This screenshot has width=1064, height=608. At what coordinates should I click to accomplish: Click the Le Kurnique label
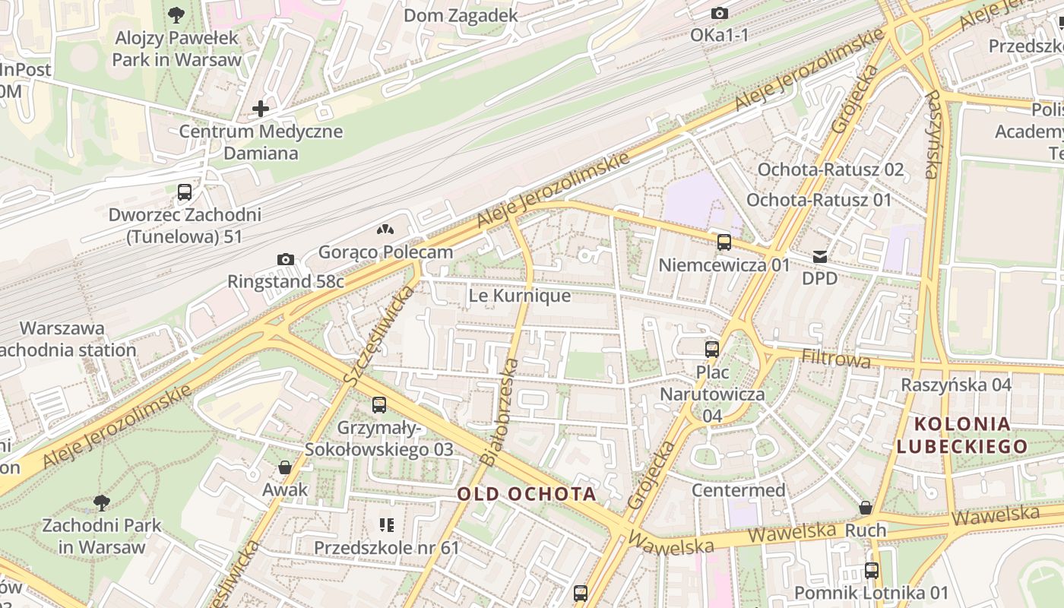pyautogui.click(x=520, y=296)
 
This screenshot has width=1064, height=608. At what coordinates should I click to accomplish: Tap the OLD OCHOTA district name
pyautogui.click(x=527, y=494)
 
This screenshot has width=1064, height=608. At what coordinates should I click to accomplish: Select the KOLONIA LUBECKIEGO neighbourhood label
pyautogui.click(x=962, y=435)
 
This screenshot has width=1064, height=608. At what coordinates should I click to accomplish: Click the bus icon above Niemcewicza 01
pyautogui.click(x=724, y=242)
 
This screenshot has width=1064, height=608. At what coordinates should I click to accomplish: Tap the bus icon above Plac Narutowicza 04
pyautogui.click(x=712, y=349)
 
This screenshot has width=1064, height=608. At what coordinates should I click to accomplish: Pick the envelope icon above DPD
pyautogui.click(x=820, y=257)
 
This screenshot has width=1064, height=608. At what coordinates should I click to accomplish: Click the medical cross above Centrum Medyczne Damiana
pyautogui.click(x=261, y=109)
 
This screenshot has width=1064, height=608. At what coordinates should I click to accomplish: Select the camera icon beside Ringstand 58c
pyautogui.click(x=286, y=260)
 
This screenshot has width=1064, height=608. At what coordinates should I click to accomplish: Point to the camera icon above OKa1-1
pyautogui.click(x=719, y=13)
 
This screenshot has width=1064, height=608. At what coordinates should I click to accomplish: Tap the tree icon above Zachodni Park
pyautogui.click(x=101, y=502)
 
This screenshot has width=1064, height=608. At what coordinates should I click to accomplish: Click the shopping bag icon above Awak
pyautogui.click(x=285, y=467)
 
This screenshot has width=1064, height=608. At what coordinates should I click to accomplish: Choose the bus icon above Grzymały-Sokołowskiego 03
pyautogui.click(x=379, y=405)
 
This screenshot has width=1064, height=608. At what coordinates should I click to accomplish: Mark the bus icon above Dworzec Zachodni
pyautogui.click(x=185, y=192)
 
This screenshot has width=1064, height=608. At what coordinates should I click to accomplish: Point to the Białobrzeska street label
pyautogui.click(x=500, y=412)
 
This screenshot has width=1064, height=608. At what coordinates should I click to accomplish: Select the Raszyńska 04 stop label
pyautogui.click(x=956, y=385)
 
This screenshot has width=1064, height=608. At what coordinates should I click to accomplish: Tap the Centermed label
pyautogui.click(x=738, y=490)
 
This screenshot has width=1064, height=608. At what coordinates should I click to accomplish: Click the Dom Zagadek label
pyautogui.click(x=461, y=15)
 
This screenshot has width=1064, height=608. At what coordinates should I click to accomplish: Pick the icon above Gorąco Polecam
pyautogui.click(x=385, y=230)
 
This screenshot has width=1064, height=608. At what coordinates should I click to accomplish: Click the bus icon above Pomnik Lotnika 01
pyautogui.click(x=872, y=570)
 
